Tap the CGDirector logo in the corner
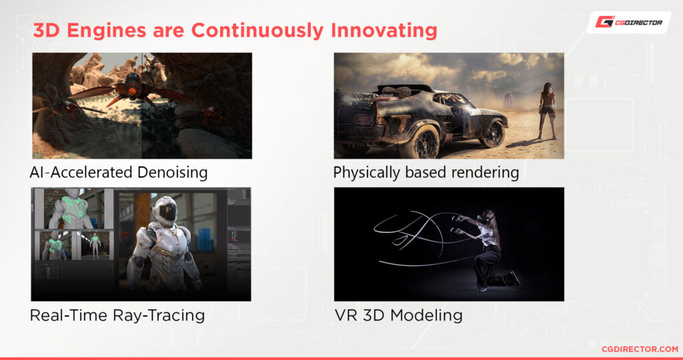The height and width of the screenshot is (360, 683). click(x=628, y=22)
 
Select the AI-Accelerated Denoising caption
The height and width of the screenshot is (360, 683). click(x=119, y=173)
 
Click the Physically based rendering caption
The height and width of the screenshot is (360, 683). click(x=426, y=173)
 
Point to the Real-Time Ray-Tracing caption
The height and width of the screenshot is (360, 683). click(x=117, y=315)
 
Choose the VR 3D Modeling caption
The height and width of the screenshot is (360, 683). click(x=398, y=315)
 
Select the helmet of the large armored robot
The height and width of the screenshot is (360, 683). click(x=163, y=210)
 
